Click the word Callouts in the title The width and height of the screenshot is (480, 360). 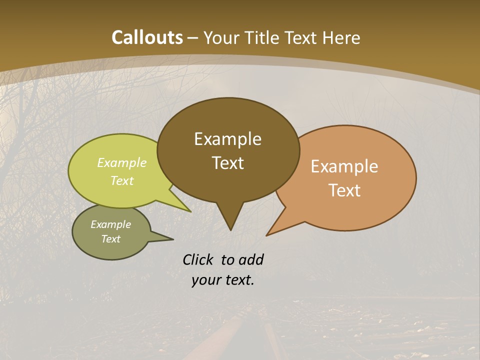[x=147, y=37]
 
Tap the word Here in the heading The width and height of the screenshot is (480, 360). [x=341, y=37]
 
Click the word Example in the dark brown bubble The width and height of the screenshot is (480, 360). [x=227, y=139]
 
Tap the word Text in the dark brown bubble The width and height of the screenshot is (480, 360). [x=227, y=163]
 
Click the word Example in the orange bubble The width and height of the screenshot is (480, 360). [x=344, y=166]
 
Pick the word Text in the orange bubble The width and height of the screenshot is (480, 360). [x=344, y=190]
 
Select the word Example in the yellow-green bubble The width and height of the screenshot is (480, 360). [x=122, y=163]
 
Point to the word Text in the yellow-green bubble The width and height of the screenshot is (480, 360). [x=122, y=180]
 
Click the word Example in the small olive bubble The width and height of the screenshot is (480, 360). [x=111, y=224]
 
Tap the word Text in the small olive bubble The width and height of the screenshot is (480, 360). [x=111, y=239]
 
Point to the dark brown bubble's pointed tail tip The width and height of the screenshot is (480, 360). [x=230, y=229]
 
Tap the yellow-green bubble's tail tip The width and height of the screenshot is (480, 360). [x=190, y=211]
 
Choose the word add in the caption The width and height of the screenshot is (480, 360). [x=251, y=259]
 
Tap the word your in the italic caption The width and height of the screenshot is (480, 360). [x=206, y=280]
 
